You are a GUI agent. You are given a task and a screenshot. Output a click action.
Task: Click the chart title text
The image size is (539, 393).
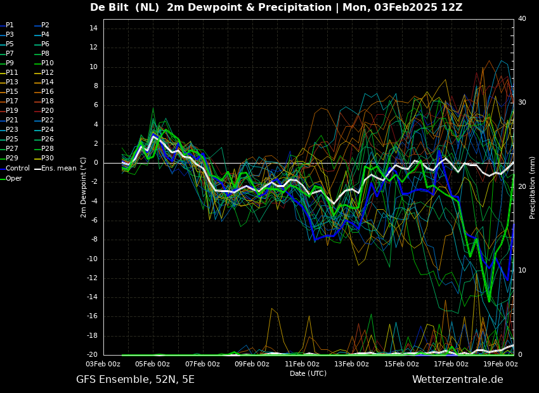[276, 8]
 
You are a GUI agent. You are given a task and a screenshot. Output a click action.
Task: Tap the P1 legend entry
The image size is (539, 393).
[10, 25]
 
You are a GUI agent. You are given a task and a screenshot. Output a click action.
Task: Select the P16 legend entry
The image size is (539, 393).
[48, 92]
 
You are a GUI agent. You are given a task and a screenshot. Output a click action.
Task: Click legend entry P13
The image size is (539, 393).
[12, 82]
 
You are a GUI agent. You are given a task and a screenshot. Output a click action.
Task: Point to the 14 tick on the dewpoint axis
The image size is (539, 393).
[93, 29]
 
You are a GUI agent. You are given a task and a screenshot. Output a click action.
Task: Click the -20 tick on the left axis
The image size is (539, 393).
[91, 355]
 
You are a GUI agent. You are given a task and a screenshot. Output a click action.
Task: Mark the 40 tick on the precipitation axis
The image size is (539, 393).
[522, 19]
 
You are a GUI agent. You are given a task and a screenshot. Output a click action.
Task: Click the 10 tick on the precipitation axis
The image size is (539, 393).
[522, 271]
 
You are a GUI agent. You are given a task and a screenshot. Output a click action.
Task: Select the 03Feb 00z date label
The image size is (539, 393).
[103, 364]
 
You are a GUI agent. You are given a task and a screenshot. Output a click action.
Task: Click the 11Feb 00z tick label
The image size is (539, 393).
[302, 364]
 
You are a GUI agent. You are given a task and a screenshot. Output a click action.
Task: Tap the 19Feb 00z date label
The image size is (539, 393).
[500, 364]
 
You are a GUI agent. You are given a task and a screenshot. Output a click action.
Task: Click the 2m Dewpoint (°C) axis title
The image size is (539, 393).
[84, 187]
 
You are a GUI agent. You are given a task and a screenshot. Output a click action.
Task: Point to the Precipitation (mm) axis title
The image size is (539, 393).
[533, 187]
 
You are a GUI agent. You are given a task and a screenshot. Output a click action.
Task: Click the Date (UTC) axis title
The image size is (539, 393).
[308, 374]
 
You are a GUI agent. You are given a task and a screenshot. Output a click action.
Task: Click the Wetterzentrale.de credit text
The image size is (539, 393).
[457, 380]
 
